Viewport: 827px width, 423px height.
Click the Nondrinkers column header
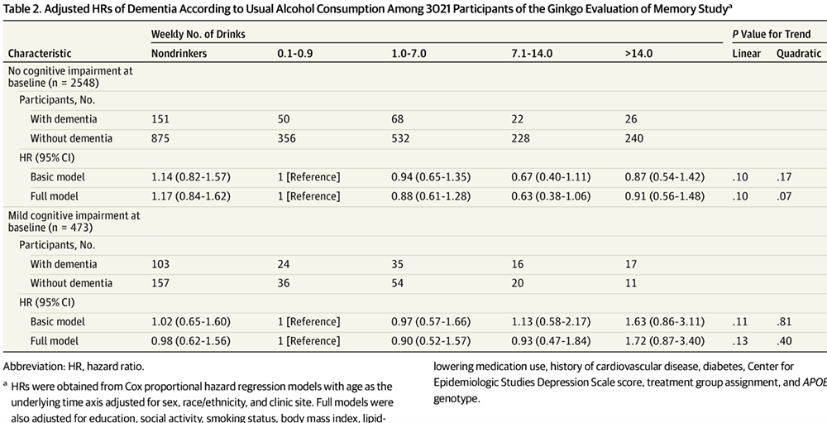click(x=179, y=53)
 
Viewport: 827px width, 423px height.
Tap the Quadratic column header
click(x=799, y=53)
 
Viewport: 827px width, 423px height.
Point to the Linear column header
click(x=746, y=53)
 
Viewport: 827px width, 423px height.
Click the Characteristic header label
click(x=40, y=53)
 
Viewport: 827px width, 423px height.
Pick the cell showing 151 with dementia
click(x=160, y=119)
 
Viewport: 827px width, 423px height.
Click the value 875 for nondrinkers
click(x=160, y=138)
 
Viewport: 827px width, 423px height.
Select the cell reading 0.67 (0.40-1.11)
click(x=550, y=177)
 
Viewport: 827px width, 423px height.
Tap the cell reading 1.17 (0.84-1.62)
click(x=191, y=196)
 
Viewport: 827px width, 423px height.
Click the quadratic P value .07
click(x=784, y=196)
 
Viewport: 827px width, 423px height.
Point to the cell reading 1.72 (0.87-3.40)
click(x=665, y=341)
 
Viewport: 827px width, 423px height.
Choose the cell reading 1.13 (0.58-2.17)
click(x=550, y=322)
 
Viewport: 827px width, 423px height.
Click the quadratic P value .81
click(x=784, y=322)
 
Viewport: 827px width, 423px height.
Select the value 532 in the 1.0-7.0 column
click(x=400, y=138)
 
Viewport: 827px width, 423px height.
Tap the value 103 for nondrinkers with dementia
click(x=160, y=264)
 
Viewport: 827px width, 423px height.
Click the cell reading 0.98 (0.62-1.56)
click(x=191, y=341)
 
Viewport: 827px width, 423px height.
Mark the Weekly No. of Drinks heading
click(x=198, y=34)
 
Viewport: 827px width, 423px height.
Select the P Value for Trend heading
click(x=772, y=34)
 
